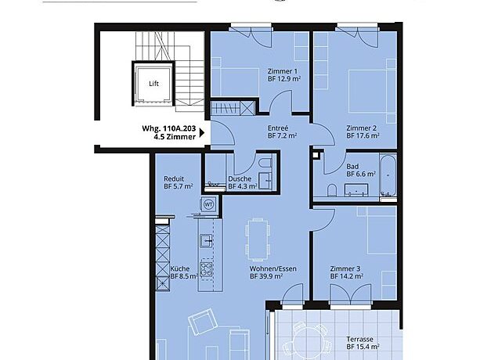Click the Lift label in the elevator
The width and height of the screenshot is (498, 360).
click(x=153, y=84)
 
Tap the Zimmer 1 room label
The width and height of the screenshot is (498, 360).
click(x=283, y=71)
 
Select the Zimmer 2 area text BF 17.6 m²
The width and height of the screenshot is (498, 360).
click(x=363, y=136)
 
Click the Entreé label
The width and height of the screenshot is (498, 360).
click(x=278, y=128)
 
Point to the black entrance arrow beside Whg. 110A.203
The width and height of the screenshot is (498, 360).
click(x=202, y=132)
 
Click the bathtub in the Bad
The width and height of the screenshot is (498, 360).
click(x=388, y=175)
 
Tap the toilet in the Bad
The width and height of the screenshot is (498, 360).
click(x=332, y=190)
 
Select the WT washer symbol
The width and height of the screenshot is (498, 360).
click(x=208, y=204)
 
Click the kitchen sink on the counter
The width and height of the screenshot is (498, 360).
click(x=207, y=240)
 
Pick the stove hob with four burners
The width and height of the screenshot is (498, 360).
click(x=207, y=269)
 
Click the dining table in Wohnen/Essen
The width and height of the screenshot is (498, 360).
click(x=258, y=239)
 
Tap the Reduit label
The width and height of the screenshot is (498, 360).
click(x=174, y=178)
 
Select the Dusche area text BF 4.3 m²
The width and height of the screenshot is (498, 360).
click(x=243, y=186)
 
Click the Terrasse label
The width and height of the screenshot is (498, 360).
click(x=359, y=339)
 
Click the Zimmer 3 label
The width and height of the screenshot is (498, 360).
click(x=345, y=268)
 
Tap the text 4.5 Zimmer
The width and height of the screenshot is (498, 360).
click(x=175, y=137)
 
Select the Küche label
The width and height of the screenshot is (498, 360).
click(x=180, y=268)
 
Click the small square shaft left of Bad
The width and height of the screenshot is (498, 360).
click(x=316, y=155)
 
